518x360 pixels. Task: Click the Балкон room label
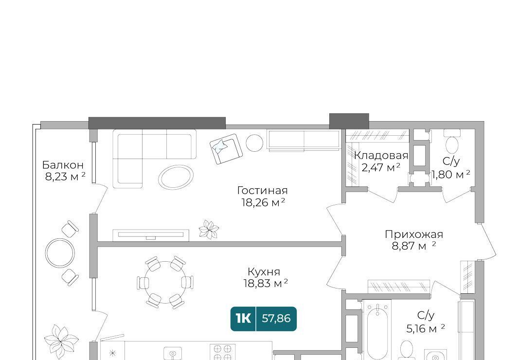coord(63,164)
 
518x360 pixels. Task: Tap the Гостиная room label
coord(262,190)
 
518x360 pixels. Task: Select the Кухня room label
coord(264,272)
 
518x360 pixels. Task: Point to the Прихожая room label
coord(413,234)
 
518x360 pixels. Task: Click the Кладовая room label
coord(381,155)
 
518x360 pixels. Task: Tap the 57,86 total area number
coord(276,319)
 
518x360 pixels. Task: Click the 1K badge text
coord(243,319)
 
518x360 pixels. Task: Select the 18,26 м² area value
coord(263,202)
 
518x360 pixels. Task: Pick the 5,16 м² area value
coord(426,329)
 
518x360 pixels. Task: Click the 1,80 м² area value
coord(451,174)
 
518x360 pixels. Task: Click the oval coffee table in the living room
coord(176,178)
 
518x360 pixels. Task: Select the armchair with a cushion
coord(226,149)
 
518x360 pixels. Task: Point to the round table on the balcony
coord(60,253)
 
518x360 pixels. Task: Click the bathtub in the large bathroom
coord(377,330)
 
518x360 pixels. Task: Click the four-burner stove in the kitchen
coord(223,352)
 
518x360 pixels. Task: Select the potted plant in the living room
coord(209,229)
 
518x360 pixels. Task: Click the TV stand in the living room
coord(151,235)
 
